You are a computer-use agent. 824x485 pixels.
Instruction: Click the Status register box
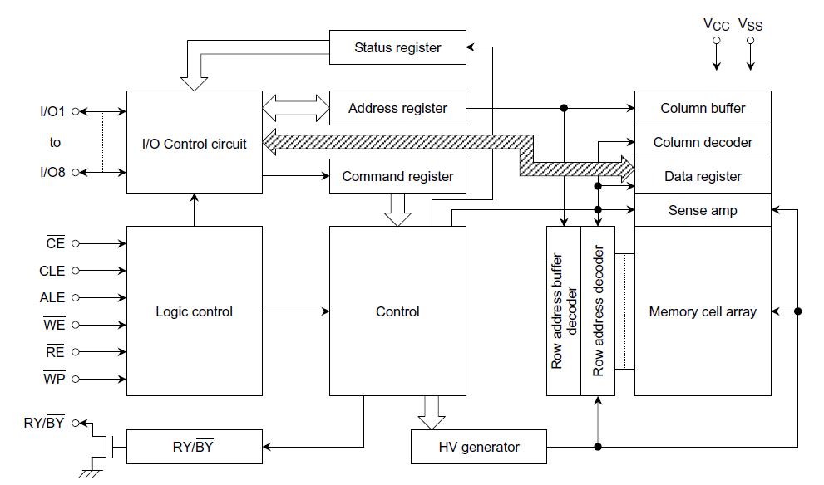click(x=397, y=47)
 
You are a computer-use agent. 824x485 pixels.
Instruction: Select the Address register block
click(x=397, y=108)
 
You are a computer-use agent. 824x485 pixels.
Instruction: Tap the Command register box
click(x=397, y=176)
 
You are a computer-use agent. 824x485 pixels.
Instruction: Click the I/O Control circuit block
click(x=194, y=143)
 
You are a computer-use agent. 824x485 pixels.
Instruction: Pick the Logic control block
click(x=194, y=311)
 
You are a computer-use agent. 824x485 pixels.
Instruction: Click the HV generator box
click(x=479, y=447)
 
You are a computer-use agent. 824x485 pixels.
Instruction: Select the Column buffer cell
click(x=703, y=108)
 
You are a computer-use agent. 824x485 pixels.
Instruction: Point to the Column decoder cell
click(x=703, y=142)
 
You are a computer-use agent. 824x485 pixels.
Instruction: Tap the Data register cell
click(x=703, y=176)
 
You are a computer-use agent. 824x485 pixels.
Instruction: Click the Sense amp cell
click(x=703, y=210)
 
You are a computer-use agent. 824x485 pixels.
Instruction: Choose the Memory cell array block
click(x=703, y=311)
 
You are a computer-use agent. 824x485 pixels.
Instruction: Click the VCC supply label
click(x=716, y=25)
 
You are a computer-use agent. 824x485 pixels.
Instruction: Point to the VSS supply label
click(x=750, y=25)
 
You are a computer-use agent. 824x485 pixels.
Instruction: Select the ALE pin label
click(x=52, y=297)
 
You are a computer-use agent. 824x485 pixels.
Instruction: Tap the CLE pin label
click(x=52, y=271)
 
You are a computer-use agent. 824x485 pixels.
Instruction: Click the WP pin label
click(x=54, y=379)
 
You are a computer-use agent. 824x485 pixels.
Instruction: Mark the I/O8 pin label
click(x=54, y=172)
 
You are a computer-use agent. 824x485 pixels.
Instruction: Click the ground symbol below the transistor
click(x=89, y=473)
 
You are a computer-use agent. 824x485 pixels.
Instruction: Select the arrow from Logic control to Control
click(x=296, y=311)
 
